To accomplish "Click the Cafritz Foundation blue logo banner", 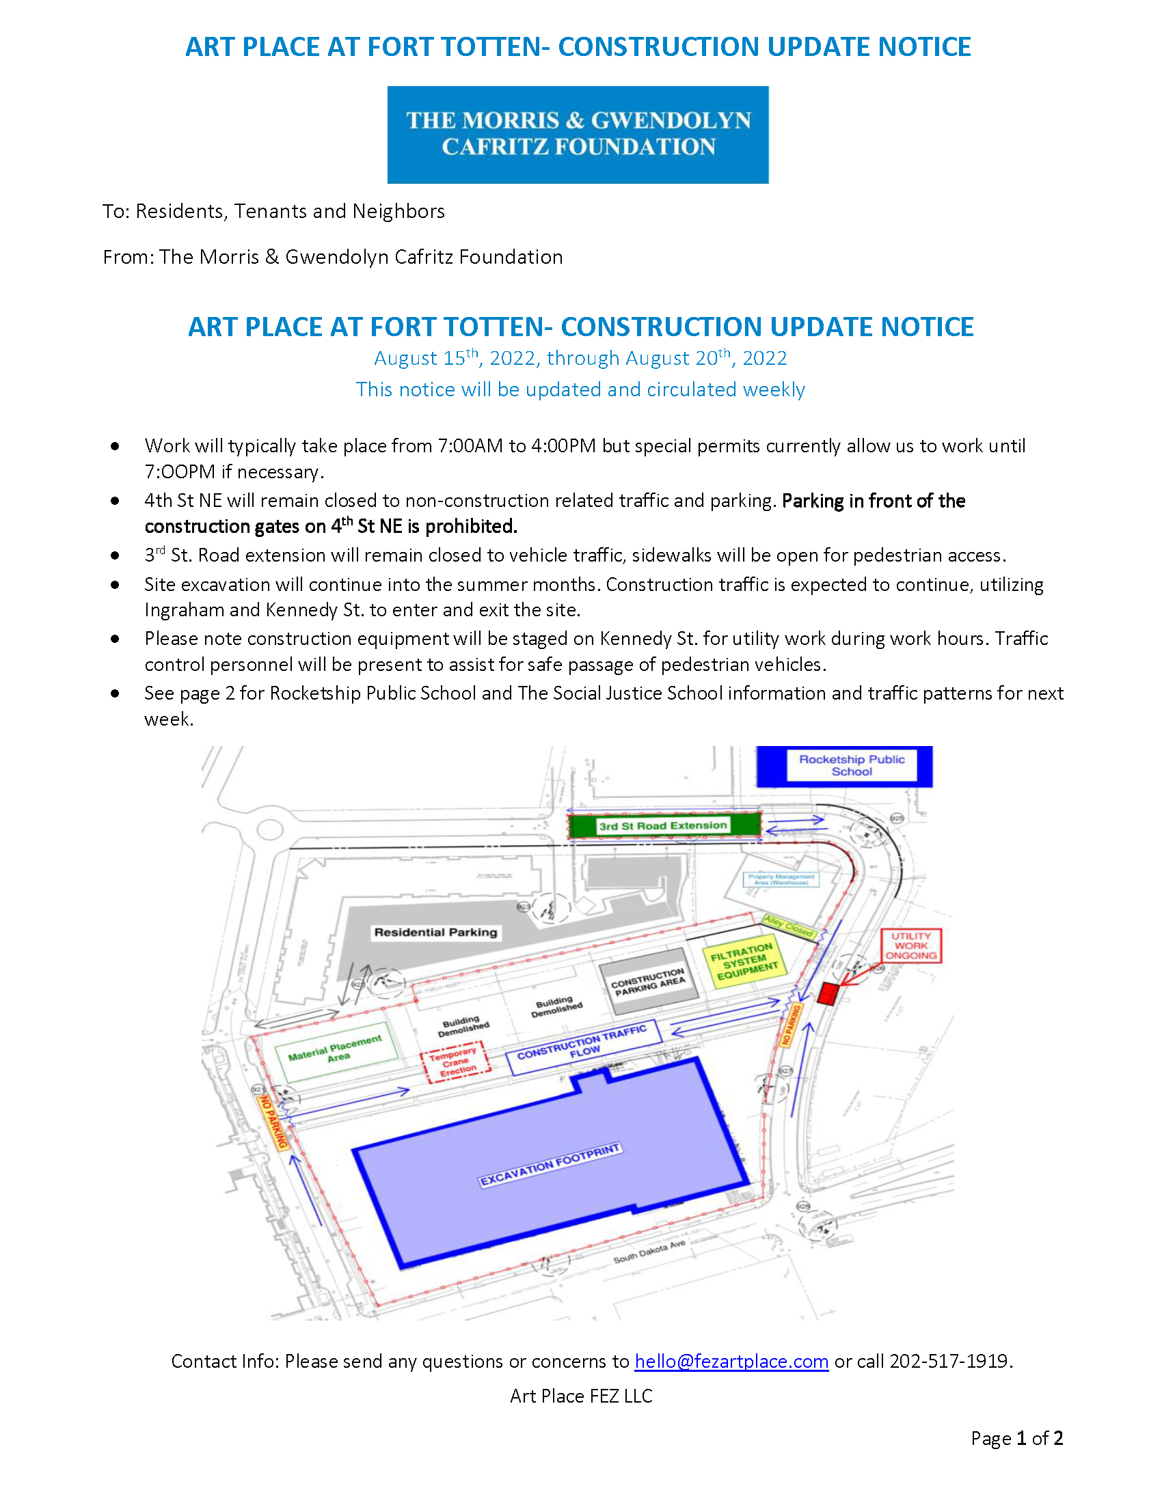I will (x=578, y=134).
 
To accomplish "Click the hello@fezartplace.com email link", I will (x=731, y=1360).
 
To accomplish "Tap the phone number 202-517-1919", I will (x=949, y=1360).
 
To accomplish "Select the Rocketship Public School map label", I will (x=852, y=765).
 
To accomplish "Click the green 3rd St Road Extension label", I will (x=662, y=825).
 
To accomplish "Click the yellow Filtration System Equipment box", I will (x=744, y=961).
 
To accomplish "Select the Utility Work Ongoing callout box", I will (x=910, y=946).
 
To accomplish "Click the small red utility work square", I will (x=828, y=994).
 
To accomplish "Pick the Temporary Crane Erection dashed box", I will (x=457, y=1062).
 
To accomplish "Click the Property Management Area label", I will (x=781, y=879).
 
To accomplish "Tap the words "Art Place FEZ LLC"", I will (x=581, y=1396).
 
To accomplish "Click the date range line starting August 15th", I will (x=580, y=358).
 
